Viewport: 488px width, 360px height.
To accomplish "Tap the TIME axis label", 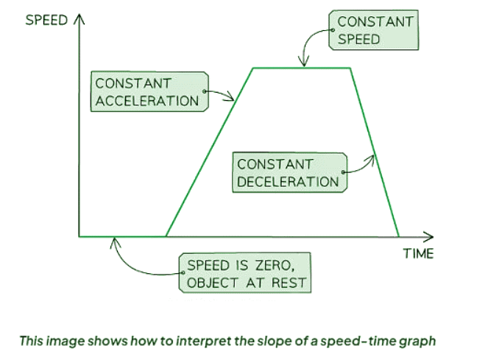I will click(418, 254).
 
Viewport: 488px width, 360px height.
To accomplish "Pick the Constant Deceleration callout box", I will click(289, 172).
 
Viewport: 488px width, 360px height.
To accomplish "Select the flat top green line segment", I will click(302, 68).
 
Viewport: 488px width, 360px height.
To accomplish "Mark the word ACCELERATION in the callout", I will click(148, 101).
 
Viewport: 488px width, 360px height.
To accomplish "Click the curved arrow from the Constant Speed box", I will click(309, 44).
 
